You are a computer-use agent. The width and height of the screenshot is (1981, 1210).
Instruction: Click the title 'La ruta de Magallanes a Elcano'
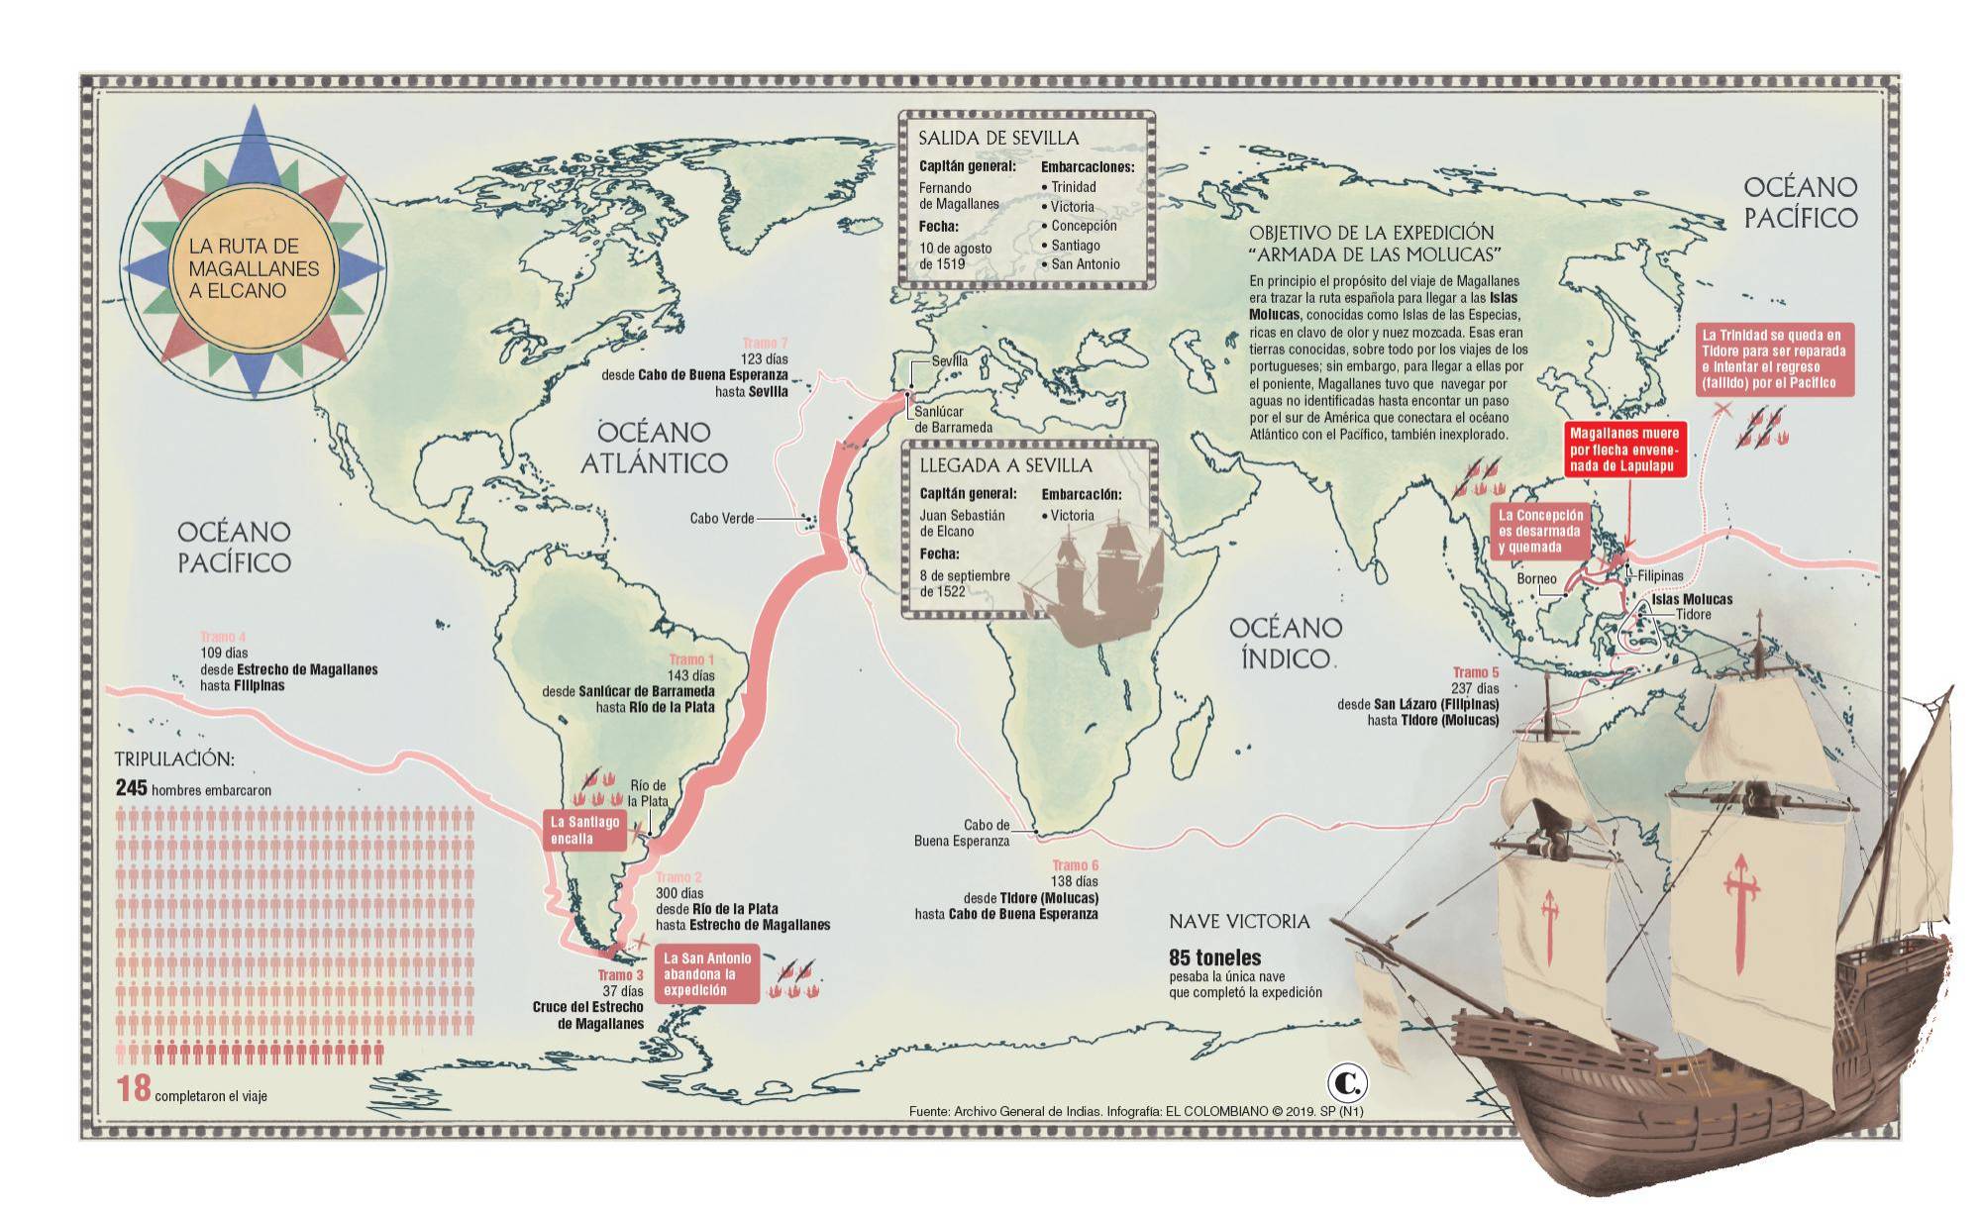click(x=254, y=268)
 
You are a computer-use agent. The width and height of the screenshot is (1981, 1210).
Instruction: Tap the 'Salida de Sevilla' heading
click(x=997, y=138)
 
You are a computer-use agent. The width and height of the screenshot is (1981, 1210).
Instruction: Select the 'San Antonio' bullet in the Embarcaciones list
click(x=1084, y=264)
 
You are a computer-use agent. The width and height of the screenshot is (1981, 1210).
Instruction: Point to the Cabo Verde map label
click(x=722, y=518)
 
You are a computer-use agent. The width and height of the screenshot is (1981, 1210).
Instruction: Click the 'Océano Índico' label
click(x=1285, y=643)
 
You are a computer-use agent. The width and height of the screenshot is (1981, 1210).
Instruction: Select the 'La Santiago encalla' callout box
click(x=585, y=830)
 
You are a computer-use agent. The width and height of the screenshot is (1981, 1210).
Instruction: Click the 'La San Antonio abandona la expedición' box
click(x=706, y=974)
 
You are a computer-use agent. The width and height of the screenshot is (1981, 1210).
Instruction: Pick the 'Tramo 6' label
click(x=1075, y=865)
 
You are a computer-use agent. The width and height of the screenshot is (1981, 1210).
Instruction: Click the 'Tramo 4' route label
click(x=223, y=637)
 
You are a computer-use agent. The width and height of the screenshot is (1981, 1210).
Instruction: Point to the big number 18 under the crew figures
click(x=134, y=1089)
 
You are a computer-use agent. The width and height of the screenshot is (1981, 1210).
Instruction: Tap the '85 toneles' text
click(x=1214, y=958)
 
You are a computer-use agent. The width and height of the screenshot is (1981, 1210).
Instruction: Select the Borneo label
click(x=1536, y=579)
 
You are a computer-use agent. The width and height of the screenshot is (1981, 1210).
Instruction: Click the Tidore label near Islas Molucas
click(x=1693, y=615)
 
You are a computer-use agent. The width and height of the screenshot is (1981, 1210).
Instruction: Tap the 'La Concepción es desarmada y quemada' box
click(x=1539, y=532)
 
